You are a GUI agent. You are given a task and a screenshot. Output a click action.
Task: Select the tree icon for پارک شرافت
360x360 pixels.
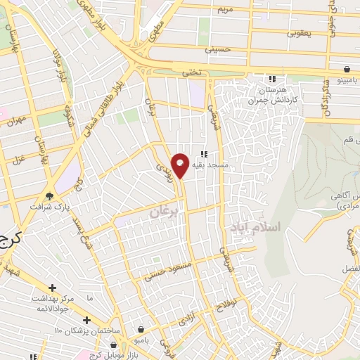49,195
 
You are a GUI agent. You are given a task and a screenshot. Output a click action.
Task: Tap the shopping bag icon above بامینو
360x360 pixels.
347,68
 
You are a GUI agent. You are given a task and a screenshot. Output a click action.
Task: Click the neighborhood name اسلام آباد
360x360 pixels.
255,227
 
